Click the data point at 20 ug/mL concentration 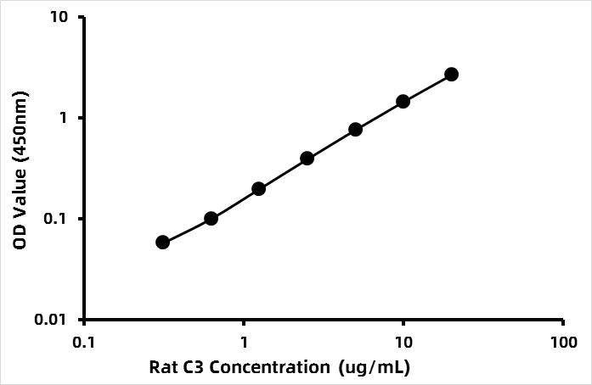(x=451, y=75)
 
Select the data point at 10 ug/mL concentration (x=403, y=102)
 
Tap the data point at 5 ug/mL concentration (x=355, y=130)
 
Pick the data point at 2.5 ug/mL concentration (x=307, y=159)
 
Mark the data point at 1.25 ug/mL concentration (x=258, y=188)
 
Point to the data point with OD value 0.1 (x=211, y=219)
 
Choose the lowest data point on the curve (x=162, y=243)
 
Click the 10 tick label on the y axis (x=63, y=18)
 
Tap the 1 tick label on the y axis (x=68, y=118)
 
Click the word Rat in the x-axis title (x=163, y=367)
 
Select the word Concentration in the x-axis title (x=267, y=367)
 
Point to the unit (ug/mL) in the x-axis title (x=375, y=367)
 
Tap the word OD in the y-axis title (x=20, y=239)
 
